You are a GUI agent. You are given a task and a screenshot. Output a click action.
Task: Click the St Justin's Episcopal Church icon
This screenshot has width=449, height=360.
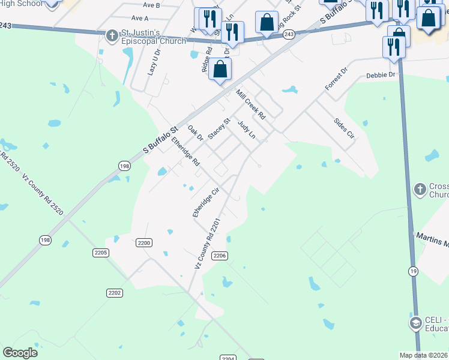tap(112, 36)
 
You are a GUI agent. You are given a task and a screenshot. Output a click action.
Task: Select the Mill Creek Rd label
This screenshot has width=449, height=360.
tap(251, 106)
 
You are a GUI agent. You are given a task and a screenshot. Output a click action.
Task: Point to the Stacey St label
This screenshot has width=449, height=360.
tap(219, 129)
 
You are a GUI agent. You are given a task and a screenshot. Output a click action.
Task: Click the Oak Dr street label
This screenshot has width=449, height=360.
tap(196, 134)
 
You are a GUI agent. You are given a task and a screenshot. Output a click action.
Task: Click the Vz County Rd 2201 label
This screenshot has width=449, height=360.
tap(208, 244)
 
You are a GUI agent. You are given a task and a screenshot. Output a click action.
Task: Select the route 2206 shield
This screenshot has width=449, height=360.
tap(220, 256)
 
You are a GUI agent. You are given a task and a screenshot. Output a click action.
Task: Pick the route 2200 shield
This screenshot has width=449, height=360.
tap(144, 243)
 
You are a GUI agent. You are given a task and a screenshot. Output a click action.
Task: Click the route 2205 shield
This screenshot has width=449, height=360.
tap(101, 253)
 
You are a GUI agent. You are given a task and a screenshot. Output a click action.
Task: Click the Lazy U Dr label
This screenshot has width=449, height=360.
tap(154, 62)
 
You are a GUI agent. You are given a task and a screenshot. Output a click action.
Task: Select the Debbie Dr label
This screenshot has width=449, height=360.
tap(381, 75)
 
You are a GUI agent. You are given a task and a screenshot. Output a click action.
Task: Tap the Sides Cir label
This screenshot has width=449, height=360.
tap(344, 128)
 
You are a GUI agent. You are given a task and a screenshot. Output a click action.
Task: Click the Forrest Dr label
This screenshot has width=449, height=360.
tap(336, 79)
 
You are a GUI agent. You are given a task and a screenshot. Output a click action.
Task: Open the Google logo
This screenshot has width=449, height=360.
tap(20, 352)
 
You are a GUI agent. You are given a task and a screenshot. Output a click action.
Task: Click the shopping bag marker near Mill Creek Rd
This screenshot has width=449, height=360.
tap(221, 69)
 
